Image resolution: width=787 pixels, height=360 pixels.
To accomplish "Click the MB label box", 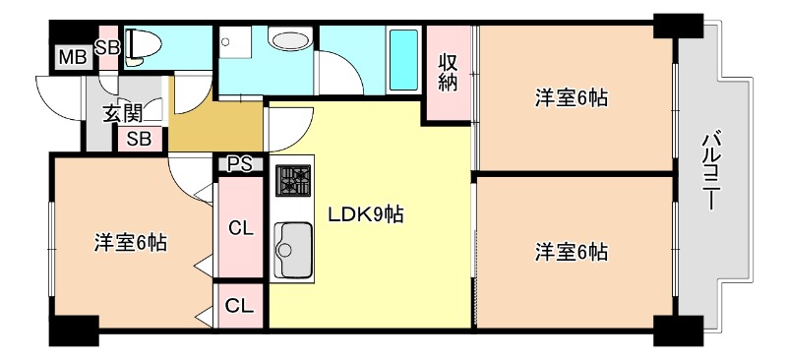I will pyautogui.click(x=71, y=57).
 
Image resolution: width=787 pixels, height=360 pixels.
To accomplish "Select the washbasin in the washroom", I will pyautogui.click(x=291, y=42).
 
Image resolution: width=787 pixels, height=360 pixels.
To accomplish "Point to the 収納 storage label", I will pyautogui.click(x=448, y=70).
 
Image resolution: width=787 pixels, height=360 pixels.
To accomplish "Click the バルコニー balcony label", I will pyautogui.click(x=710, y=172).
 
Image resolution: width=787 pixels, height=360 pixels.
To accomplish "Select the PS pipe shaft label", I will pyautogui.click(x=240, y=164).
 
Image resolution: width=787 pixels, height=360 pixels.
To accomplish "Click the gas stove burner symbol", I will pyautogui.click(x=292, y=181).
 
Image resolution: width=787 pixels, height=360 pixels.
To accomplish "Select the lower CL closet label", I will pyautogui.click(x=239, y=306).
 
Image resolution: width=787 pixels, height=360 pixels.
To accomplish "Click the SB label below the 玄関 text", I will pyautogui.click(x=139, y=139).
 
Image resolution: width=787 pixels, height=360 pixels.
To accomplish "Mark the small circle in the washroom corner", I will pyautogui.click(x=226, y=43).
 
